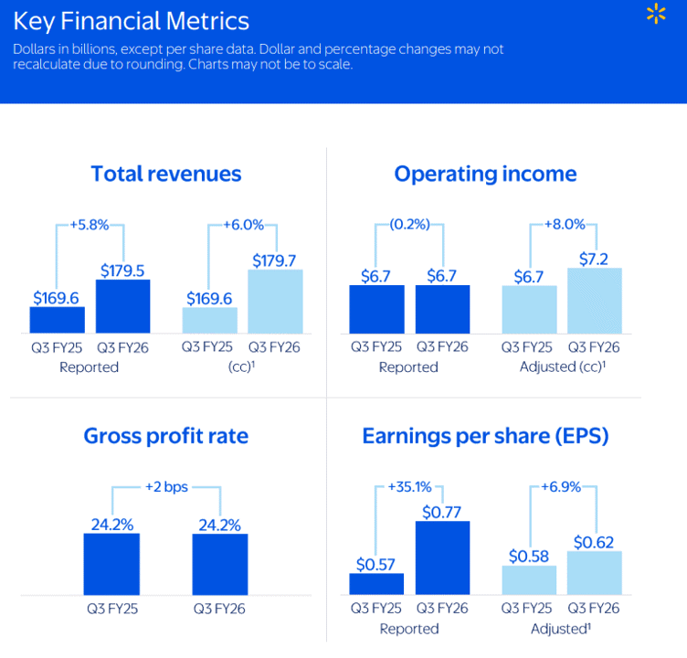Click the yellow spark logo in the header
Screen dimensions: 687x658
coord(656,13)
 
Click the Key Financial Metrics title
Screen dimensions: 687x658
coord(131,21)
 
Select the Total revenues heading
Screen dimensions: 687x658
coord(166,174)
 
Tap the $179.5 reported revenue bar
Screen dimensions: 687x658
coord(123,306)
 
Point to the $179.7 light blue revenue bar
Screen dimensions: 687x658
coord(275,302)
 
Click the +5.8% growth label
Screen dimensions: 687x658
coord(90,225)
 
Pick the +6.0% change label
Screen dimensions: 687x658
coord(244,225)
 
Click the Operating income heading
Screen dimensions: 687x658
coord(485,174)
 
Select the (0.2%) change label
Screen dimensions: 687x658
coord(409,225)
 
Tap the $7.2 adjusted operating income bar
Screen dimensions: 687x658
coord(595,301)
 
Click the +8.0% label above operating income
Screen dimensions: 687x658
coord(565,225)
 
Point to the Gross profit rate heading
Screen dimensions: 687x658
coord(166,436)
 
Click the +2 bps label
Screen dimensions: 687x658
coord(166,486)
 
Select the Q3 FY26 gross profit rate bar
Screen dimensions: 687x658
coord(220,564)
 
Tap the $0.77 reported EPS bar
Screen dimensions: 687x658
coord(442,557)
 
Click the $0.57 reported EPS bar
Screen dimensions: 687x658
coord(376,584)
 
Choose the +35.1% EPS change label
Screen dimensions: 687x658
coord(409,486)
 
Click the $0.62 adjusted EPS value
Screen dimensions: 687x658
coord(594,542)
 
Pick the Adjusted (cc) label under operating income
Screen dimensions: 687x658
coord(563,366)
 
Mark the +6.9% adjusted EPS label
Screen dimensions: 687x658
coord(561,486)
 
